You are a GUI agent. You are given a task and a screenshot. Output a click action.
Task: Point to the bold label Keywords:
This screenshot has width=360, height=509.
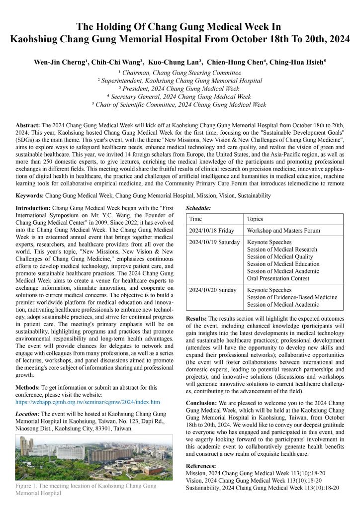pos(30,196)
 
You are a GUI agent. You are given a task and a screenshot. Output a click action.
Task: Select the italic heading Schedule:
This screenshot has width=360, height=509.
pos(198,207)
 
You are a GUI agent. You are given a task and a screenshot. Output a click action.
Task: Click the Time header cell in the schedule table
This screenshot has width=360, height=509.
pos(196,219)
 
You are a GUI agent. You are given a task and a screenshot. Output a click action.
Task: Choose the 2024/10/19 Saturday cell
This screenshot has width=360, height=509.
pos(215,243)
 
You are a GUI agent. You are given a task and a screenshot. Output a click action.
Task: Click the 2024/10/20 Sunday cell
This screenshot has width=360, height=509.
pos(213,290)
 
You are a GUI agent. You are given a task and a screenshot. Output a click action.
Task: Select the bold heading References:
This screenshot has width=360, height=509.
pos(201,466)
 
